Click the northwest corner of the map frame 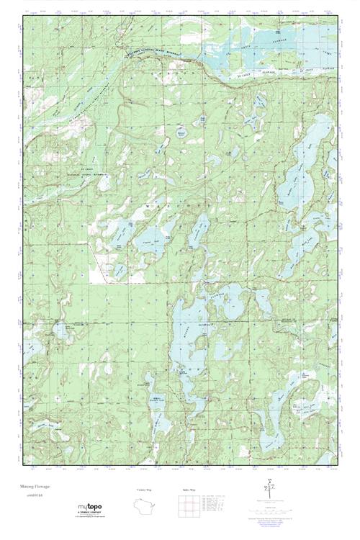coord(22,14)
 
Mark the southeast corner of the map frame coord(338,464)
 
